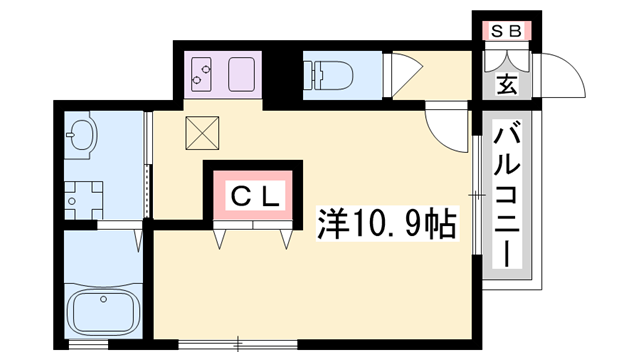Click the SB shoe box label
click(x=505, y=31)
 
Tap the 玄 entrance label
click(x=507, y=84)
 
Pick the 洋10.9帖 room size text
click(x=386, y=222)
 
